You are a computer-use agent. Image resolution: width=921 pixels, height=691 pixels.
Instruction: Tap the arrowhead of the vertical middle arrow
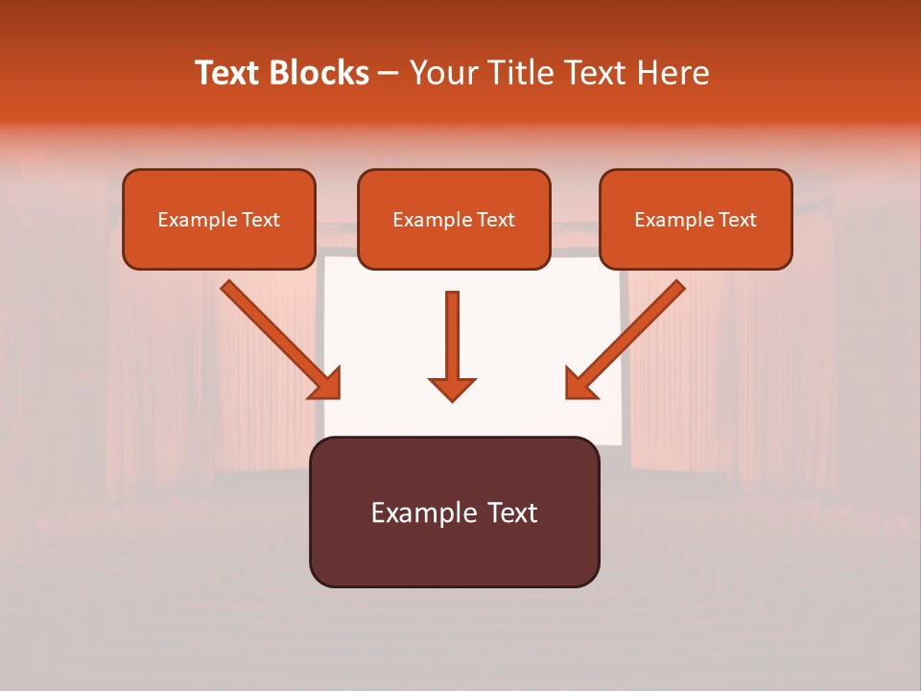click(x=452, y=388)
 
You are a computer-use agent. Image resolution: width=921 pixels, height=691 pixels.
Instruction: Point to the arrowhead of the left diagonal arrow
click(x=326, y=384)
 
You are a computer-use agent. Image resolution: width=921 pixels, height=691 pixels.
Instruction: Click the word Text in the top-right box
click(x=737, y=220)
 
